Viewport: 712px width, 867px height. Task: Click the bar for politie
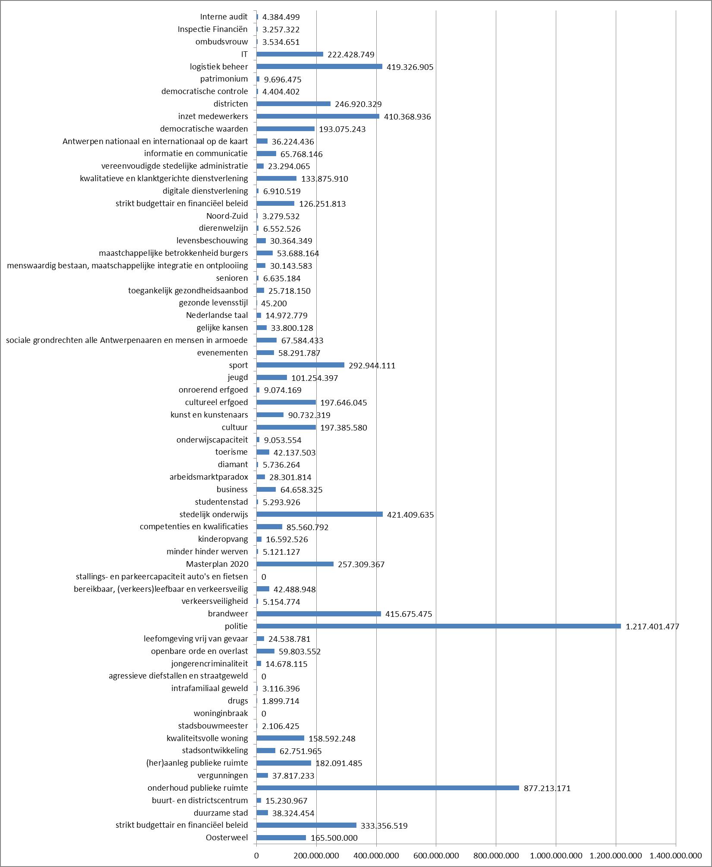438,626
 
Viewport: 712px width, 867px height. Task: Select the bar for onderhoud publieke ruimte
388,788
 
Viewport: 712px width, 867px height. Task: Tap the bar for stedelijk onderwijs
319,514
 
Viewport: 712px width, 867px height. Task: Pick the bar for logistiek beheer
319,66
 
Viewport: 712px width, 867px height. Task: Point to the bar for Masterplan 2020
295,564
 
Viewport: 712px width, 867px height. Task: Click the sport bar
300,365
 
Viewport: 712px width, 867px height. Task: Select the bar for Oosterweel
281,837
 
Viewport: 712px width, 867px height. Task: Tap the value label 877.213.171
547,788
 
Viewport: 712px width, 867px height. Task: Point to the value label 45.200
274,303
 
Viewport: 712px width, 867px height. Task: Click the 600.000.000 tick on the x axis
436,855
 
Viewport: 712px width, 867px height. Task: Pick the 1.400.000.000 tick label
676,855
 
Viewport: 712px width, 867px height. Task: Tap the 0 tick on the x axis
256,855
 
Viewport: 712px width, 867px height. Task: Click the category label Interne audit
224,17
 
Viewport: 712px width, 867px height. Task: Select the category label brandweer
228,613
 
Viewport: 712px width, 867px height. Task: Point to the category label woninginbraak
221,713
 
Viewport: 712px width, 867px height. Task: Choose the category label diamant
233,464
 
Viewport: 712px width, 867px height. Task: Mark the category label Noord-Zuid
227,216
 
